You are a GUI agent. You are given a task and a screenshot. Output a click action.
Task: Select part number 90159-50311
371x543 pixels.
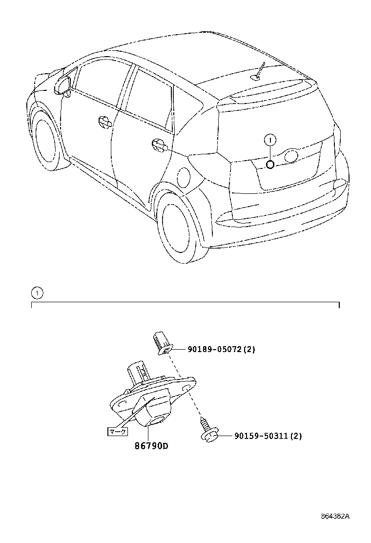point(261,436)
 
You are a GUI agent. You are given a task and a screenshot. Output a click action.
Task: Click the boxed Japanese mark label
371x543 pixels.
point(117,431)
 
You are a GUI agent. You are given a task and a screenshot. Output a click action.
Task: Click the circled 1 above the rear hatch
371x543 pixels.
point(270,141)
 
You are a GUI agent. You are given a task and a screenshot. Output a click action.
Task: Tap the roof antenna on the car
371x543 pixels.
point(259,71)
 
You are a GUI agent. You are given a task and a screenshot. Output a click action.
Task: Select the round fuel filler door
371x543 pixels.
point(184,176)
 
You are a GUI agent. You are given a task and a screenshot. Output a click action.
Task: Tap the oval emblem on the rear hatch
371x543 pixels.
point(291,156)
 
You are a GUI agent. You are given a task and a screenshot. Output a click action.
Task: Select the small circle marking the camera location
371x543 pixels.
point(270,164)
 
